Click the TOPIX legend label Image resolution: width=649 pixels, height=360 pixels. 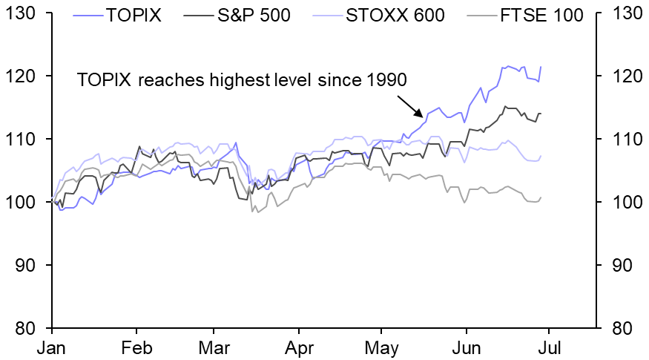tap(134, 14)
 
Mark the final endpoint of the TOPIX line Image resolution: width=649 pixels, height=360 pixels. tap(541, 67)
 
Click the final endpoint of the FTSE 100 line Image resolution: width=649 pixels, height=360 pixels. tap(541, 197)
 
